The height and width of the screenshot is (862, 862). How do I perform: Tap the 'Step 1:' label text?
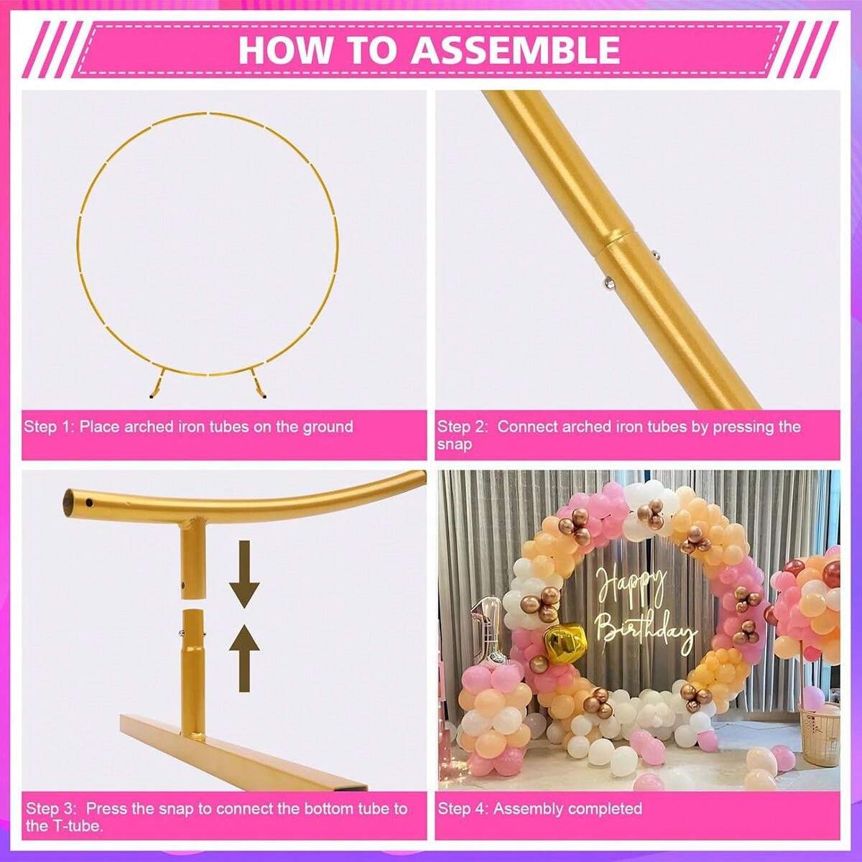(49, 427)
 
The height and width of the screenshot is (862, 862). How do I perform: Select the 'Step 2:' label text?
(463, 427)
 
